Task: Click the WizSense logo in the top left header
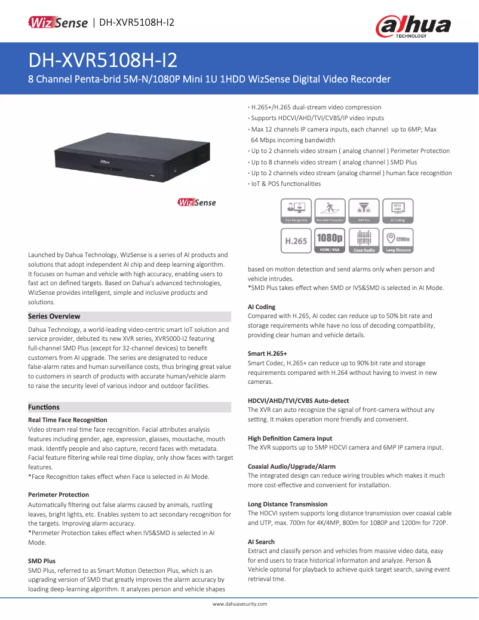pyautogui.click(x=58, y=23)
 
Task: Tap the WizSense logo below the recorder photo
pyautogui.click(x=196, y=203)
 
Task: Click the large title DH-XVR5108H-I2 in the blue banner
pyautogui.click(x=102, y=61)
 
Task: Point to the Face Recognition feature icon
pyautogui.click(x=297, y=211)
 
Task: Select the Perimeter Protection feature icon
pyautogui.click(x=330, y=211)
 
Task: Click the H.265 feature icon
pyautogui.click(x=297, y=240)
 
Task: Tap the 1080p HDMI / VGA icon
pyautogui.click(x=330, y=240)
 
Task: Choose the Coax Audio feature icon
pyautogui.click(x=364, y=240)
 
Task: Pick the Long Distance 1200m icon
pyautogui.click(x=398, y=240)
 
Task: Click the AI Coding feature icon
pyautogui.click(x=398, y=211)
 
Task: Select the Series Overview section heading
pyautogui.click(x=54, y=316)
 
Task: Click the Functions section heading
pyautogui.click(x=44, y=407)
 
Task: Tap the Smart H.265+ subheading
pyautogui.click(x=268, y=353)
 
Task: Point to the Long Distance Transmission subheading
pyautogui.click(x=287, y=504)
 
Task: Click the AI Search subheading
pyautogui.click(x=261, y=542)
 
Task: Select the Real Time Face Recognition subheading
pyautogui.click(x=67, y=420)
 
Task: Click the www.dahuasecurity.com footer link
pyautogui.click(x=240, y=604)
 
